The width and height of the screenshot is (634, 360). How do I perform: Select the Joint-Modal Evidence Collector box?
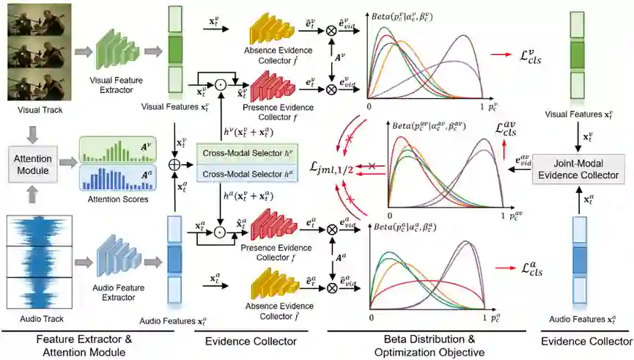click(x=579, y=168)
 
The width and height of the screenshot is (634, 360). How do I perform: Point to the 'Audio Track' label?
click(x=36, y=319)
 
